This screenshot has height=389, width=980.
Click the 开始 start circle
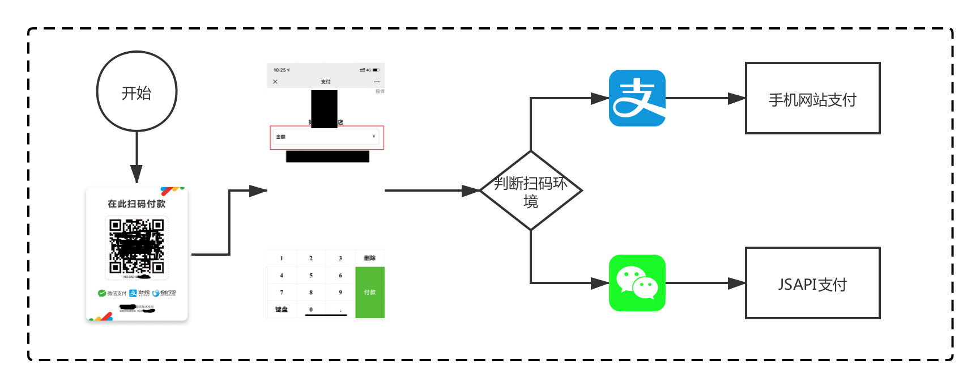coord(137,91)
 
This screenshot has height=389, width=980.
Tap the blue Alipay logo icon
coord(637,98)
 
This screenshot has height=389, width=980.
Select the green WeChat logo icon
coord(637,283)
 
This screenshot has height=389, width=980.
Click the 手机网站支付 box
coord(812,98)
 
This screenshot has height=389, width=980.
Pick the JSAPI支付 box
coord(812,283)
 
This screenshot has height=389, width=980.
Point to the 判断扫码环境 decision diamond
coord(531,191)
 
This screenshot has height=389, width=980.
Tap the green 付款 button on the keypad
coord(370,292)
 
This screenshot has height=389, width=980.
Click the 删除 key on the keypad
coord(370,258)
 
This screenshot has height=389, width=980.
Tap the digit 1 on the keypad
coord(282,258)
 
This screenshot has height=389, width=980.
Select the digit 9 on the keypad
coord(340,292)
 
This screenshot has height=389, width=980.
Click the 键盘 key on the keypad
coord(282,309)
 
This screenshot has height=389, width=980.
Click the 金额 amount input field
coord(327,137)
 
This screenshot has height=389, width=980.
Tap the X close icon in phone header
coord(275,82)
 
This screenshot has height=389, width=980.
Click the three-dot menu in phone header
coord(377,82)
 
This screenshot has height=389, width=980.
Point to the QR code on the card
coord(137,247)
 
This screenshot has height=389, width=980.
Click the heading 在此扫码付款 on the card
coord(137,204)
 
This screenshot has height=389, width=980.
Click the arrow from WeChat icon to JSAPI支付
coord(705,283)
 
